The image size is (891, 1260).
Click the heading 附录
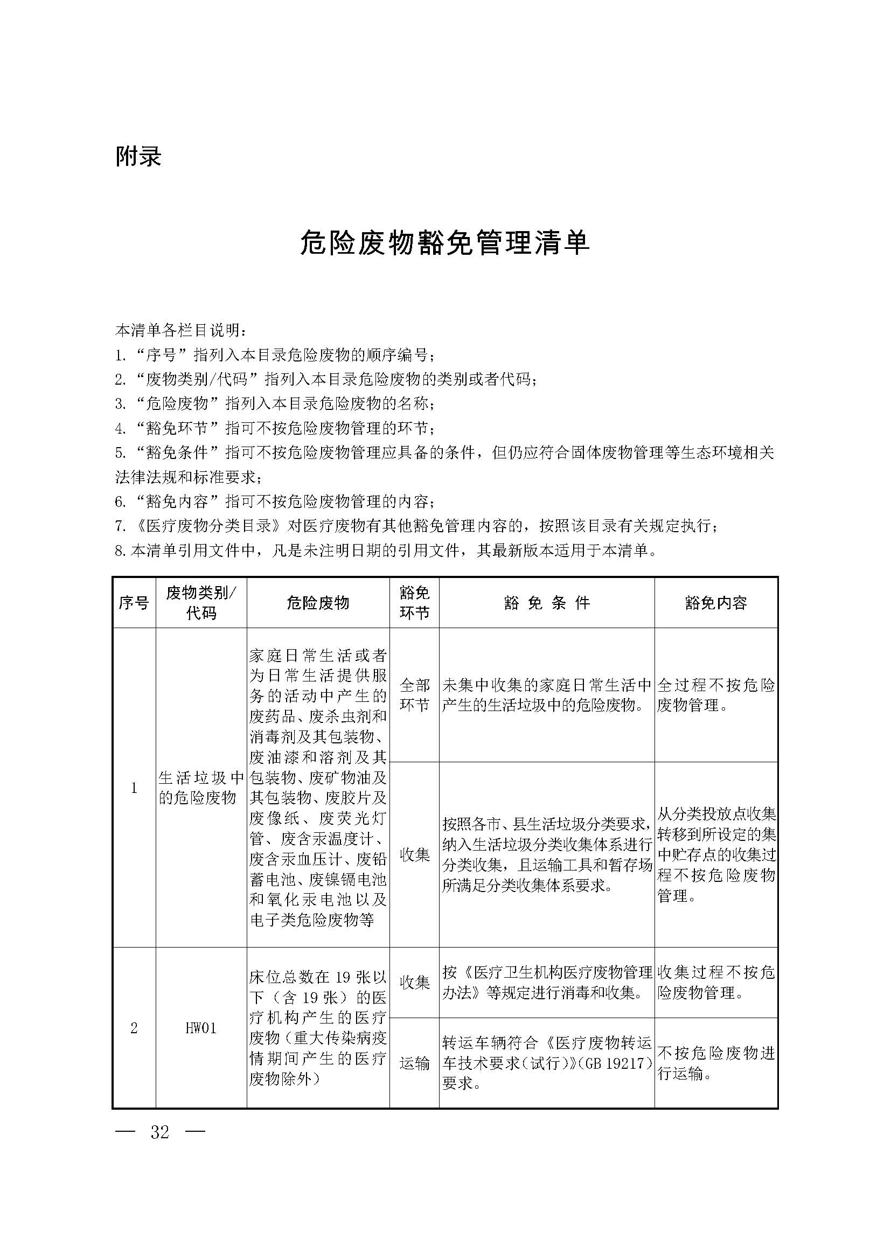point(138,156)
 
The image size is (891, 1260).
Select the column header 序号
point(134,603)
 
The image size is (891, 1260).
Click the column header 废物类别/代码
point(201,603)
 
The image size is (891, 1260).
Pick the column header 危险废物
point(318,603)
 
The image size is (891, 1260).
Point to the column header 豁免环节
point(414,603)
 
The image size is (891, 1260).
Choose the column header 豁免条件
point(546,603)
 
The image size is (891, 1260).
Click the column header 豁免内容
point(716,603)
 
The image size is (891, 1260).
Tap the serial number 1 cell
point(134,788)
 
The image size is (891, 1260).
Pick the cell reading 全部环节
point(414,695)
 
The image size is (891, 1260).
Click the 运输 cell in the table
point(414,1063)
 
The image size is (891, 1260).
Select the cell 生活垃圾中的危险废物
point(201,788)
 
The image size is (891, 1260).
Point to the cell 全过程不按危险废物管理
point(716,695)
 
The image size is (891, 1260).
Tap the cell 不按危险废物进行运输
point(716,1063)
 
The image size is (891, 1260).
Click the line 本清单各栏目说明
point(181,330)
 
